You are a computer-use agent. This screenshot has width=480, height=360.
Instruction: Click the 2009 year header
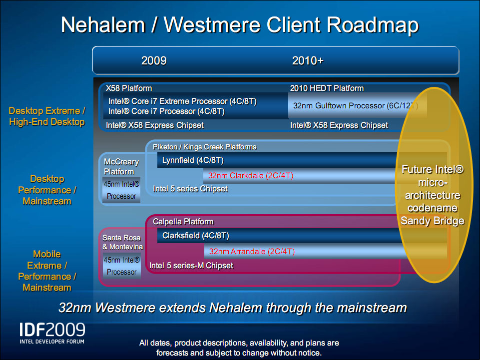154,60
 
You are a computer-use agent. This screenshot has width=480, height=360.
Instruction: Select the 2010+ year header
308,60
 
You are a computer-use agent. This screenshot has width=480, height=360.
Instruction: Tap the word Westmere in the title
212,24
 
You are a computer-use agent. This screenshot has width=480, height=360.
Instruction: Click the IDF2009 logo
52,333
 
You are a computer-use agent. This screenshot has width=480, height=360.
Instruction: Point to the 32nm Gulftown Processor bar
358,106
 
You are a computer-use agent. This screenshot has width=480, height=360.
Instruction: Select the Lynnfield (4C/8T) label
193,160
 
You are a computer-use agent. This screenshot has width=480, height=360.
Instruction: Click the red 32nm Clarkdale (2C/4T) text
251,176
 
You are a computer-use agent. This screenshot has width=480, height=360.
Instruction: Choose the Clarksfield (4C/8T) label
196,235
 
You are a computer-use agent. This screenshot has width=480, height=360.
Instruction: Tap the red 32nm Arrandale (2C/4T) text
252,252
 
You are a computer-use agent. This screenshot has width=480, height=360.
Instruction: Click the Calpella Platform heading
183,222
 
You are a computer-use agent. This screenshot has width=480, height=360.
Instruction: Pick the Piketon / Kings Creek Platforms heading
204,147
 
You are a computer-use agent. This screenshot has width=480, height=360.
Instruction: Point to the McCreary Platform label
121,167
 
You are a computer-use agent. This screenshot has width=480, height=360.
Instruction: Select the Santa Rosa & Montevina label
122,242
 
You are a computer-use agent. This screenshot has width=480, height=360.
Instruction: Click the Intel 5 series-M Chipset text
191,266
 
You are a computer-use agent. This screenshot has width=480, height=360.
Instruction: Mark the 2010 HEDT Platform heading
327,88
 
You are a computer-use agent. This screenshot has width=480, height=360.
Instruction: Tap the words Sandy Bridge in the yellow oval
432,221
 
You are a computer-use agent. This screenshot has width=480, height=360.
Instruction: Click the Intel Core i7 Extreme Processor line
182,101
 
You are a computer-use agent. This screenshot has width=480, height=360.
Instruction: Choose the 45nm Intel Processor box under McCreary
121,190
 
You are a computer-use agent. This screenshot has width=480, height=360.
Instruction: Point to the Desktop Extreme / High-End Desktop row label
47,116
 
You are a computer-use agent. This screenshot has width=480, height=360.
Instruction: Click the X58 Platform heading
129,88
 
